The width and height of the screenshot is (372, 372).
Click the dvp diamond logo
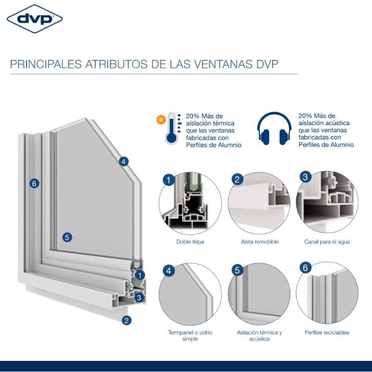[x=34, y=19]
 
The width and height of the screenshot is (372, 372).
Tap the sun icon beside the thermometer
[x=161, y=120]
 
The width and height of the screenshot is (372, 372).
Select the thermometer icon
[x=171, y=128]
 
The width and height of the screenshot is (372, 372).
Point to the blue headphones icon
[x=274, y=128]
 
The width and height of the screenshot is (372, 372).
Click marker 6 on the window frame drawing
[x=34, y=183]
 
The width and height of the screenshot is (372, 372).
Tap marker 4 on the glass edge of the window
[x=124, y=162]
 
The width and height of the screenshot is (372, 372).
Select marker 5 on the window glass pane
[x=67, y=237]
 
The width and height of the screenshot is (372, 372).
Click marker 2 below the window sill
[x=126, y=320]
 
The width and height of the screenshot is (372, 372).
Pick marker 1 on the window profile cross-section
[x=140, y=275]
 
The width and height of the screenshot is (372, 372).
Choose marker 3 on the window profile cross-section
[x=139, y=297]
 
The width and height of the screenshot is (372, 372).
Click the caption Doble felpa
[x=190, y=242]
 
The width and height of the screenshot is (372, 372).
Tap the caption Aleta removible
[x=260, y=242]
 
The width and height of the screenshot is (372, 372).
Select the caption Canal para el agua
[x=327, y=242]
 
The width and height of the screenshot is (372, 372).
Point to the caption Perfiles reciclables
[x=327, y=332]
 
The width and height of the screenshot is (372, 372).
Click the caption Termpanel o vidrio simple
[x=190, y=335]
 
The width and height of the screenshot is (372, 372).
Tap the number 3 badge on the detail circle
[x=306, y=177]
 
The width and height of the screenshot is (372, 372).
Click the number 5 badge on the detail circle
[x=237, y=270]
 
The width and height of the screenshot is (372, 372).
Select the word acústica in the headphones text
[x=336, y=123]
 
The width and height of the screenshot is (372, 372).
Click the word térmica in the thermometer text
[x=223, y=123]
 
